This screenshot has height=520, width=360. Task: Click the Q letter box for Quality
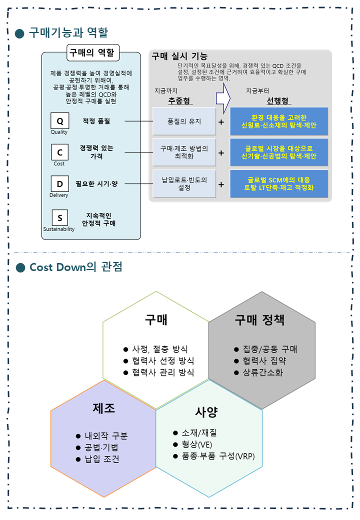point(60,120)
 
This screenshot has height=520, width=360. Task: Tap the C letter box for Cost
point(60,152)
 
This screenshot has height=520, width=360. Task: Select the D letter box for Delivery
point(60,183)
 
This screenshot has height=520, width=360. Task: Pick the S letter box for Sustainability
point(60,218)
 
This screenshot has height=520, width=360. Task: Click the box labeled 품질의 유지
point(184,121)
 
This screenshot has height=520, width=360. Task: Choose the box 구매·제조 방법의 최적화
point(184,152)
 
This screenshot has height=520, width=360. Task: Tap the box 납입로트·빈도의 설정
point(184,183)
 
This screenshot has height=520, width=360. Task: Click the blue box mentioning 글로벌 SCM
point(279,183)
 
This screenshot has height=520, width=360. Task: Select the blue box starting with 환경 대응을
point(279,121)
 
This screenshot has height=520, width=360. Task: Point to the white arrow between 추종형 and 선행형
point(223,98)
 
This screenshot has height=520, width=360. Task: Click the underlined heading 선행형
point(278,101)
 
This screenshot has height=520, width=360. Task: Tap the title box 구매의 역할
point(93,52)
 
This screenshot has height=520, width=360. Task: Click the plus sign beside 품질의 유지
point(221,122)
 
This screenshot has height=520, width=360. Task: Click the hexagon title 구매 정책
point(259,319)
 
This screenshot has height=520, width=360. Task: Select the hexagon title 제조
point(104,408)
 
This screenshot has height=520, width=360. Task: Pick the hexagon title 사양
point(206,411)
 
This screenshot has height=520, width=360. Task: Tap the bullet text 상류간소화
point(263,372)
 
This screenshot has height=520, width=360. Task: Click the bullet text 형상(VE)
point(197,444)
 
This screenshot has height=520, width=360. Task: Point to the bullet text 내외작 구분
point(106,436)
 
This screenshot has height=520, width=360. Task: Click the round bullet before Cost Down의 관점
point(20,267)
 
